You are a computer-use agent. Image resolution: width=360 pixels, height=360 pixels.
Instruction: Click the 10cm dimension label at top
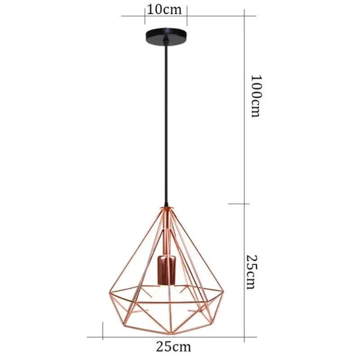point(166,9)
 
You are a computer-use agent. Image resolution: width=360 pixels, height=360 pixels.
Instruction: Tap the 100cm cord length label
point(255,95)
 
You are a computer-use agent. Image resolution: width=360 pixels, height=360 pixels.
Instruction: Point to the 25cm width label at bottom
point(173,346)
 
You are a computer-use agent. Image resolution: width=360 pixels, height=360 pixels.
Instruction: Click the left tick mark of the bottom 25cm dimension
point(103,331)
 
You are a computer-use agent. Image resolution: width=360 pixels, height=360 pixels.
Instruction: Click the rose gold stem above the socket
point(166,234)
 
